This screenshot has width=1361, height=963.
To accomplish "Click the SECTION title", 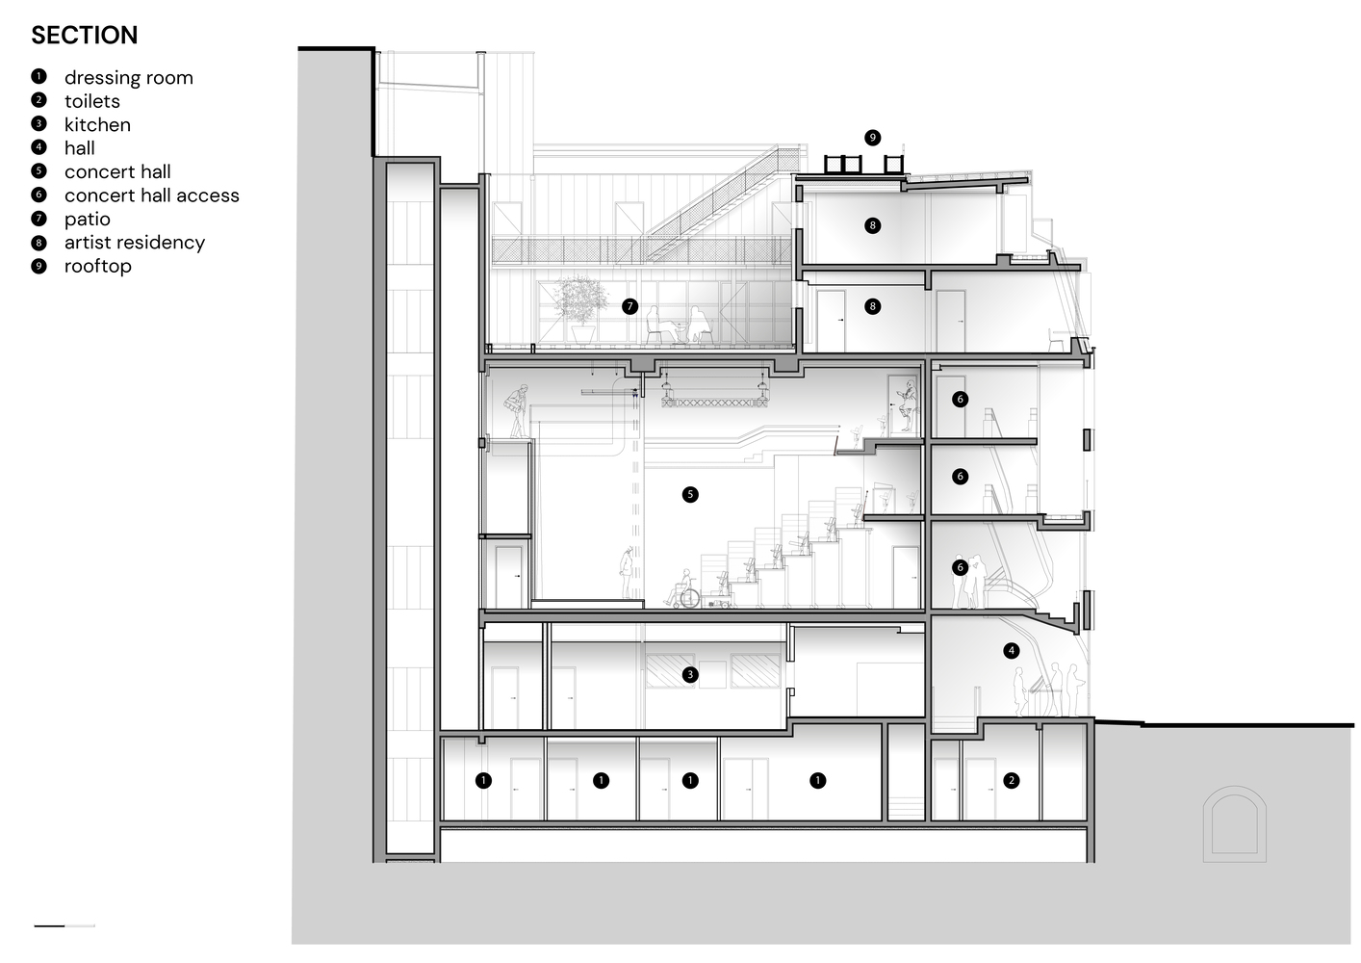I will coord(85,36).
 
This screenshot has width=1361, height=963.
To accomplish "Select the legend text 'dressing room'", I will coord(128,78).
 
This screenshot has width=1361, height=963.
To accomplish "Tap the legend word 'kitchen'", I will coord(97,125).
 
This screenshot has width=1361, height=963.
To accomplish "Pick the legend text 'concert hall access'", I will coord(151,195).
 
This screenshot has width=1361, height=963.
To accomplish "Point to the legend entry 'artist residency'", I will coord(134,243).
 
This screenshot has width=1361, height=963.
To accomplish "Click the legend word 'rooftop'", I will coord(97,267).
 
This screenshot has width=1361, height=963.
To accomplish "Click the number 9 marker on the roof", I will coord(872,138).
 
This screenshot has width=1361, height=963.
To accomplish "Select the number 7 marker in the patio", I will coord(630,307).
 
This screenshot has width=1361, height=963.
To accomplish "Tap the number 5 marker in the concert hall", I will coord(689,495).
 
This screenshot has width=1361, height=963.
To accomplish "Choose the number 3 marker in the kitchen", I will coord(689,675).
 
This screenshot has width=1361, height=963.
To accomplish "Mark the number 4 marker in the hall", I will coord(1011,651).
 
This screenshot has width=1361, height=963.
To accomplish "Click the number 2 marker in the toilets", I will coord(1011,780).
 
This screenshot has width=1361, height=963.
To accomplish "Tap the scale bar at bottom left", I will coord(64,925).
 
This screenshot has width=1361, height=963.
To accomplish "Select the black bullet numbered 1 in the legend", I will coord(39,77).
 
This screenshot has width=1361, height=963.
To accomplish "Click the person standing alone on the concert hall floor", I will coord(628,574).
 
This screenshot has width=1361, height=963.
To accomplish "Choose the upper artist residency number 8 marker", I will coord(872,225).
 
